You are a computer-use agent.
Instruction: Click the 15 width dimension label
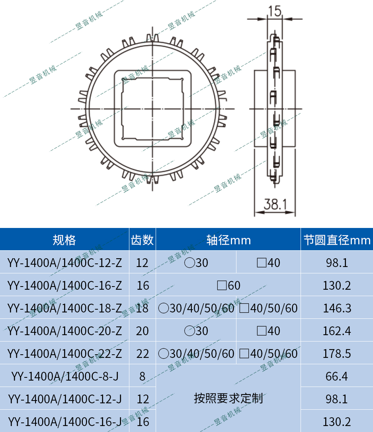[274, 11]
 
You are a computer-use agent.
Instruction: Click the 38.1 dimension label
[275, 205]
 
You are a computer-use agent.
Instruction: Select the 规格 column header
[64, 240]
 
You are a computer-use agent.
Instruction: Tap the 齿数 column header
[142, 240]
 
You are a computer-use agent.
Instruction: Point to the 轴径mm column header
[228, 240]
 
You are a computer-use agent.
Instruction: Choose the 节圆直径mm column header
[337, 240]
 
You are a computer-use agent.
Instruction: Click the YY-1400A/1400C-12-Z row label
[64, 263]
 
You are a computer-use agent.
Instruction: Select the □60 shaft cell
[228, 285]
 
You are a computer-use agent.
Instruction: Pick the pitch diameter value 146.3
[337, 308]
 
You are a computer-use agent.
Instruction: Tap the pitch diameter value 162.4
[337, 331]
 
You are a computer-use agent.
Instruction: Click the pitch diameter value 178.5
[337, 353]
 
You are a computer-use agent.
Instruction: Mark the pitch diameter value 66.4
[337, 376]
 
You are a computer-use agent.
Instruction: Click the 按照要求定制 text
[228, 398]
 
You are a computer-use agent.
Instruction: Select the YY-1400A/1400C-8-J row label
[64, 376]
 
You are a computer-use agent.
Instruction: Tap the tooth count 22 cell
[142, 353]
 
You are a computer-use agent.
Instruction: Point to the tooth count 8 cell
[142, 376]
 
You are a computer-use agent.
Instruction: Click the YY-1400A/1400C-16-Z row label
[64, 285]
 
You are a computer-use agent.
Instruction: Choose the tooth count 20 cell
[142, 331]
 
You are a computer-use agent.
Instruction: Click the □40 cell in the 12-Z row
[268, 263]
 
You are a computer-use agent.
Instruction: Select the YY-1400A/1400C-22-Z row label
[64, 353]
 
